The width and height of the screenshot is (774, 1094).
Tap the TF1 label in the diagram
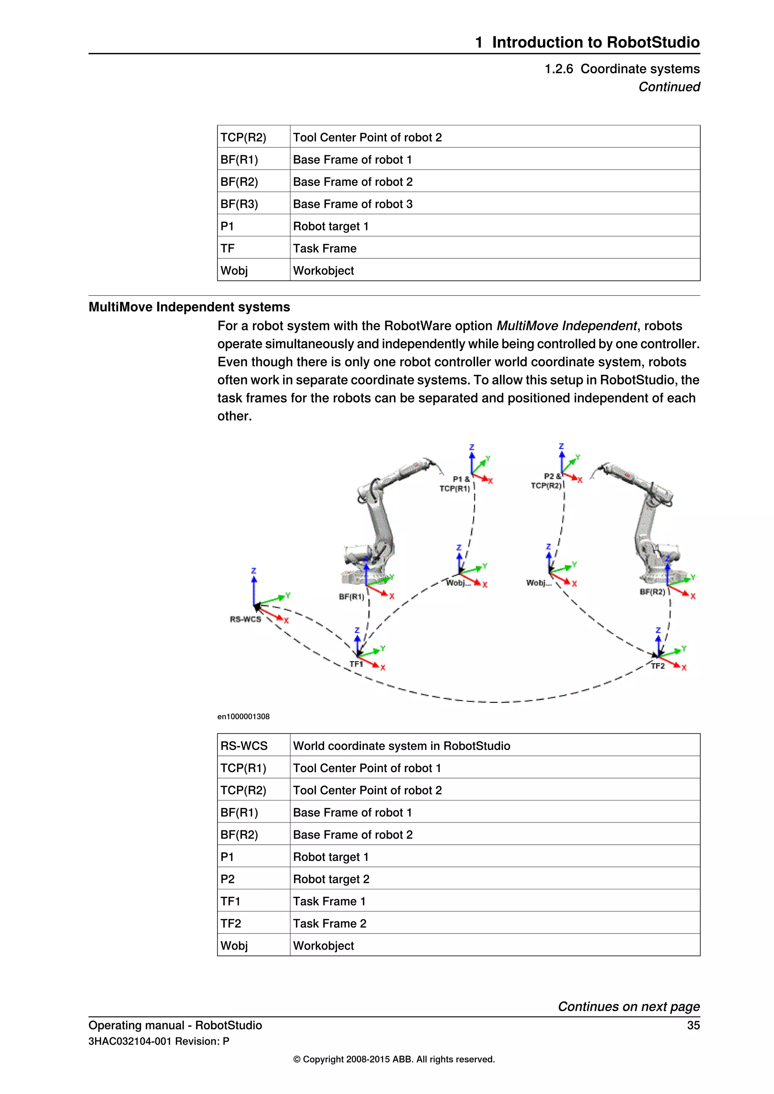click(x=356, y=664)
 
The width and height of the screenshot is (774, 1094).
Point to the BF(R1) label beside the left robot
click(x=351, y=596)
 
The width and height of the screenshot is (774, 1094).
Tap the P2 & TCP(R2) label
click(x=547, y=481)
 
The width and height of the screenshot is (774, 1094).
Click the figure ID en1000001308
click(x=243, y=717)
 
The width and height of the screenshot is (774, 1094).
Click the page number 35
click(x=693, y=1025)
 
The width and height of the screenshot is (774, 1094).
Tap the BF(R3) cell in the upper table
click(x=239, y=204)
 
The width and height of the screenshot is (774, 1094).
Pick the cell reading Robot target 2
click(x=331, y=879)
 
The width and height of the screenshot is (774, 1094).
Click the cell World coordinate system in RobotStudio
click(x=401, y=746)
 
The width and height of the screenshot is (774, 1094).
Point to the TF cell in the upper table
click(x=228, y=248)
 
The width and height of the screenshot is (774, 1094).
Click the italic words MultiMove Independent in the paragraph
click(x=566, y=326)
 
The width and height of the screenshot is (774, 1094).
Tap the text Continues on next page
click(x=628, y=1006)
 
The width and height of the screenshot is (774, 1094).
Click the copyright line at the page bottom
click(x=394, y=1059)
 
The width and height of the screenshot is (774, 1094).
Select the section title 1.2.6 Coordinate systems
click(x=622, y=69)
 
